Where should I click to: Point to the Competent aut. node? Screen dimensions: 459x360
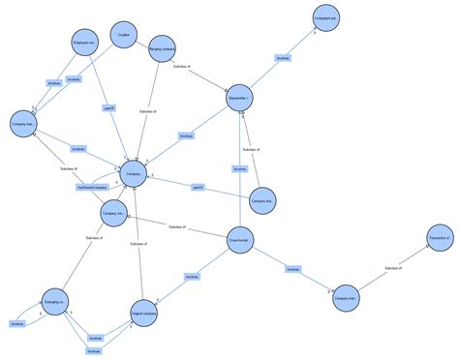(x=326, y=19)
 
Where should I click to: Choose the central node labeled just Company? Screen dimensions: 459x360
(x=133, y=174)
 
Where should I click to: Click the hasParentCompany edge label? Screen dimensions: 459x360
(x=97, y=188)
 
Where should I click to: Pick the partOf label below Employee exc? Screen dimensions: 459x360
(x=109, y=109)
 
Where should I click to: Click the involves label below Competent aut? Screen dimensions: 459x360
(x=283, y=59)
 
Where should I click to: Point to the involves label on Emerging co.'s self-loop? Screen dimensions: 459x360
(x=16, y=323)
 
